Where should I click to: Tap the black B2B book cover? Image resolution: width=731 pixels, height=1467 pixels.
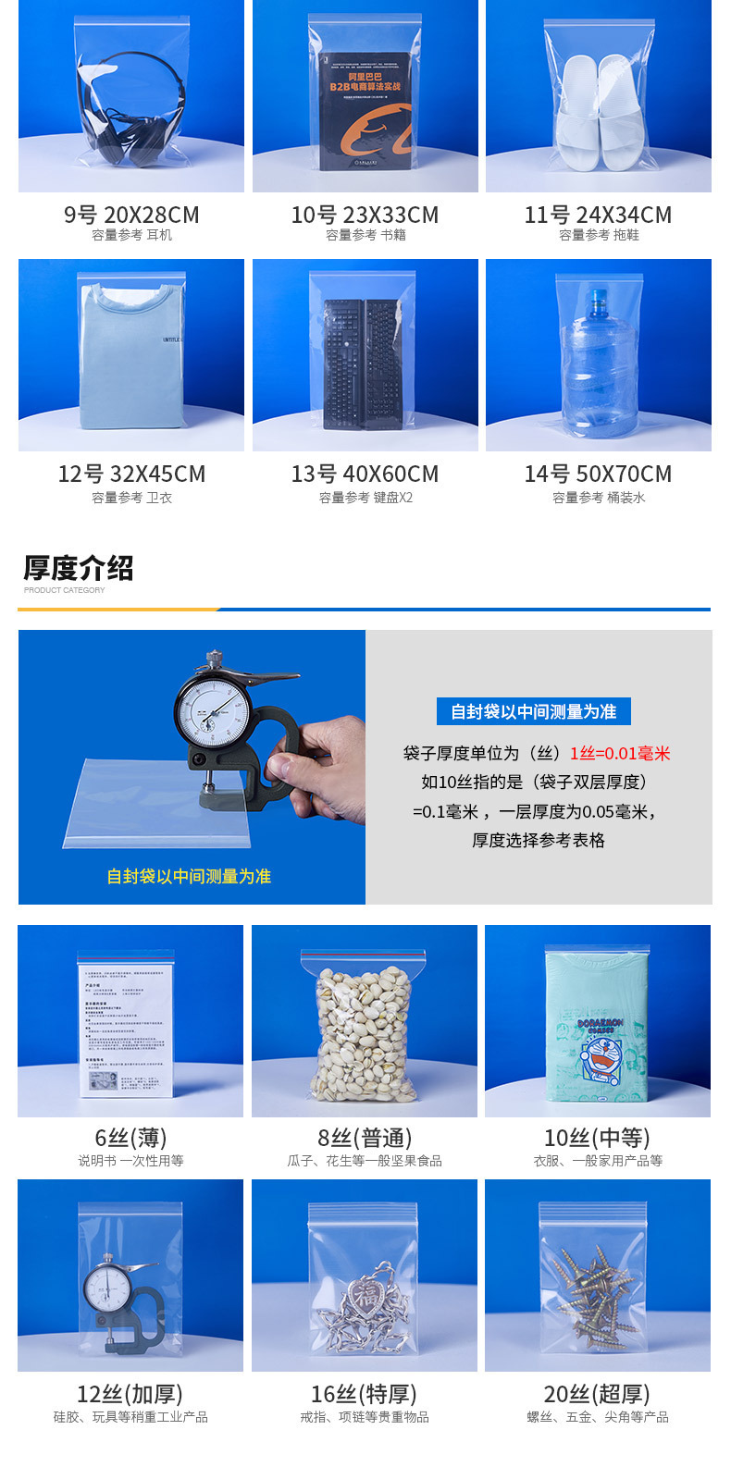click(365, 111)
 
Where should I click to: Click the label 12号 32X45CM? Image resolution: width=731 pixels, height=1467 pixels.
click(131, 475)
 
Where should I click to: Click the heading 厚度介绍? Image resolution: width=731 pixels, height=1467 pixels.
click(79, 568)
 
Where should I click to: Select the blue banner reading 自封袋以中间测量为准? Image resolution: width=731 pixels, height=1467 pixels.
click(533, 711)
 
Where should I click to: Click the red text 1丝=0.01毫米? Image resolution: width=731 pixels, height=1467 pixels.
click(620, 753)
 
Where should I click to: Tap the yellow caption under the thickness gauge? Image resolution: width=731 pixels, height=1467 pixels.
click(189, 876)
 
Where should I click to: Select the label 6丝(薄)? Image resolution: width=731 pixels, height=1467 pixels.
click(130, 1138)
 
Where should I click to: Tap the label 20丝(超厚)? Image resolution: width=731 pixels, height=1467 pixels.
click(597, 1394)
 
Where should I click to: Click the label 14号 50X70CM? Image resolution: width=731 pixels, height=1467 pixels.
click(598, 475)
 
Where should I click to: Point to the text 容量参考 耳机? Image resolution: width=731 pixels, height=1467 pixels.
click(131, 236)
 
